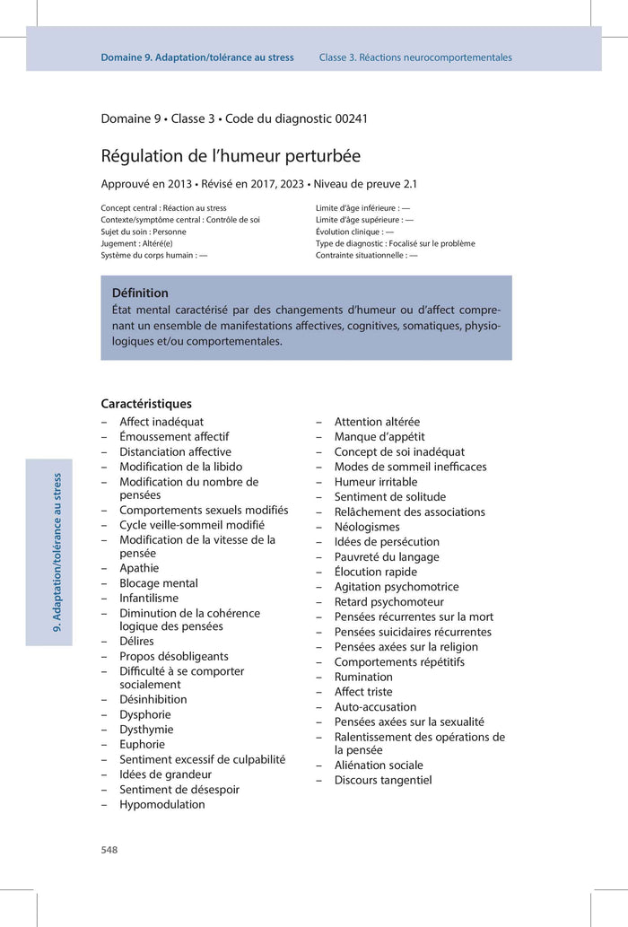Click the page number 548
pos(109,850)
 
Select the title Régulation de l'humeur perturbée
pos(231,156)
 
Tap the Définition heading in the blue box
pos(140,293)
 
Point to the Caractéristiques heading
pos(146,404)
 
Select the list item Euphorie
pos(142,744)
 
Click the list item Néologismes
pos(367,527)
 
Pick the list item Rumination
pos(363,677)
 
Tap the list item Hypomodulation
pos(161,804)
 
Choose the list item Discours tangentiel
pos(383,780)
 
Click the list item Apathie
pos(139,568)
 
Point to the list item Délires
pos(136,641)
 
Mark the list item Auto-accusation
pos(375,706)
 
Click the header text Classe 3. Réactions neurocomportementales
pos(415,57)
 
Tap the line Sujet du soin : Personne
pos(144,232)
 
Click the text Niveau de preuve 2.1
pos(367,184)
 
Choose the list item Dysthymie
pos(146,730)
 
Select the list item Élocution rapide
pos(375,572)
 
